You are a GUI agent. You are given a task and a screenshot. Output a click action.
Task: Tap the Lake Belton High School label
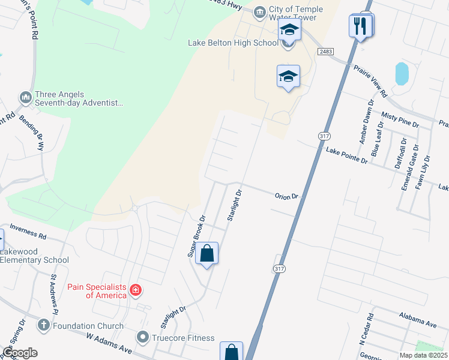coord(233,43)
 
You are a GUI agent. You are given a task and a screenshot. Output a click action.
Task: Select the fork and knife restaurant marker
coord(360,26)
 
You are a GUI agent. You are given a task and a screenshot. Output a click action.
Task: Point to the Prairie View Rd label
coord(370,82)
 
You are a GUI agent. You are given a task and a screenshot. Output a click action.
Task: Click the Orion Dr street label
coord(286,196)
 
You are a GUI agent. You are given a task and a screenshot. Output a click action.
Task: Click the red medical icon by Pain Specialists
coord(136,291)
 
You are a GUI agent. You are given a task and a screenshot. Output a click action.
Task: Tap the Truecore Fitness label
coord(183,338)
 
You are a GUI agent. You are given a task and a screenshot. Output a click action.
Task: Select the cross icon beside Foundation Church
coord(43,326)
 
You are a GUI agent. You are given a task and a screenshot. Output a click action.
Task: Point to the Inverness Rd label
coord(28,235)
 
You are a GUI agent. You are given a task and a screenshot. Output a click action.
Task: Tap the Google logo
coord(20,353)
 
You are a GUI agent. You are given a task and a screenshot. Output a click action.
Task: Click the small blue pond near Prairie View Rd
coord(402,74)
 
